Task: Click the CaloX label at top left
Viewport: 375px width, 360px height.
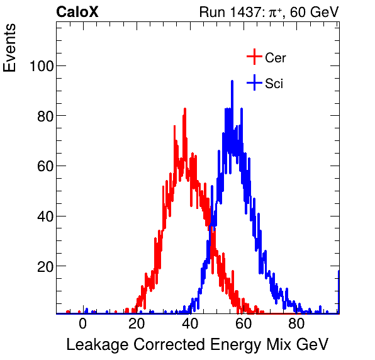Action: pos(77,12)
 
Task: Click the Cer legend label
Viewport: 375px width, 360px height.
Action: pos(276,58)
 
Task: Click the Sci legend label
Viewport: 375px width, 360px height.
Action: pos(274,84)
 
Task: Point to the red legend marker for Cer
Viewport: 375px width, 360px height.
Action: pos(254,57)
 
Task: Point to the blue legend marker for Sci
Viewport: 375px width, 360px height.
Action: pos(254,83)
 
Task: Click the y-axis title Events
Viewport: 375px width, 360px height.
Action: pos(11,50)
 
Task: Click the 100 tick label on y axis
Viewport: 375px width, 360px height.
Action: pos(40,66)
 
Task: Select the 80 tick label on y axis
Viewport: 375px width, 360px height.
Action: pos(43,116)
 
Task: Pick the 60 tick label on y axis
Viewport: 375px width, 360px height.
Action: pos(43,166)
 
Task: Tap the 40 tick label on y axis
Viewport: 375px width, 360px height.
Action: pos(43,217)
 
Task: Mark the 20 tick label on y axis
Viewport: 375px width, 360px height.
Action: pos(43,266)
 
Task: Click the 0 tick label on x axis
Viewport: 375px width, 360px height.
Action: pos(83,325)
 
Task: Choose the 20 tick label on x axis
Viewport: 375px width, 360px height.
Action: pos(137,325)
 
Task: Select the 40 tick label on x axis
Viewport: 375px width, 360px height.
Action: pos(190,325)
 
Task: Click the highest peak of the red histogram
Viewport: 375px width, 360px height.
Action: pos(185,109)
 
